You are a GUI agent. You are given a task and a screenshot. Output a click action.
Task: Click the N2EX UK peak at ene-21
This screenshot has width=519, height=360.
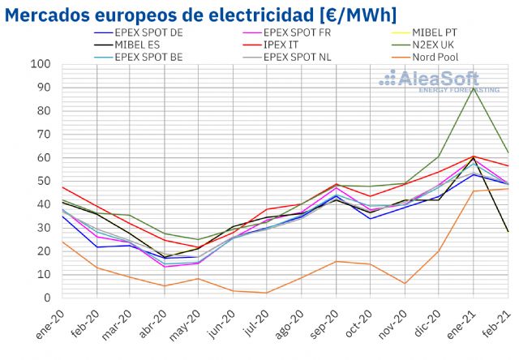(x=474, y=88)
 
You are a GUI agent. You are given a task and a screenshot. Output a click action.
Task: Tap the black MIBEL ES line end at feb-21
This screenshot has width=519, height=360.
(x=508, y=232)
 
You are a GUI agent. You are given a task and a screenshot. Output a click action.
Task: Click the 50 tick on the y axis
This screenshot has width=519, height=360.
(x=45, y=181)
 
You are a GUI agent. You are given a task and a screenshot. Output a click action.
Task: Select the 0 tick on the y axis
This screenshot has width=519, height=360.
(x=48, y=298)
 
